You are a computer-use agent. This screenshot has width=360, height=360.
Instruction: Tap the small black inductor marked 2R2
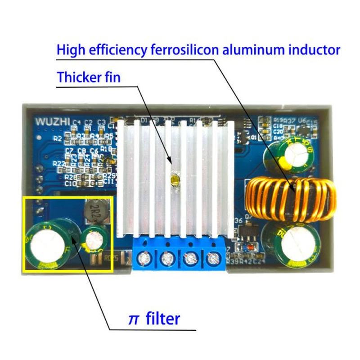(95, 208)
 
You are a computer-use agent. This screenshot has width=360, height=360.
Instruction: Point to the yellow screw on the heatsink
(173, 179)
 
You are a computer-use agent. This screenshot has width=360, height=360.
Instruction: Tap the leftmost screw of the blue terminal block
(145, 259)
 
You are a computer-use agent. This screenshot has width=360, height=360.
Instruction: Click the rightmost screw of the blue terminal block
(211, 259)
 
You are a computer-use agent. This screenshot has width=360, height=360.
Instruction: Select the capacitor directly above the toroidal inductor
(288, 156)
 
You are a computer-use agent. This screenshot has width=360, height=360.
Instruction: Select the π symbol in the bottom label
(133, 319)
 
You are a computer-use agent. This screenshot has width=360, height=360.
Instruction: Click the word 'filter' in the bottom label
(162, 319)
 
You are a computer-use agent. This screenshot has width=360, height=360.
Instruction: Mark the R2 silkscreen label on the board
(57, 139)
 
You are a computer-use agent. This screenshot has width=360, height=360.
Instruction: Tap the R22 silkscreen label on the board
(58, 163)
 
